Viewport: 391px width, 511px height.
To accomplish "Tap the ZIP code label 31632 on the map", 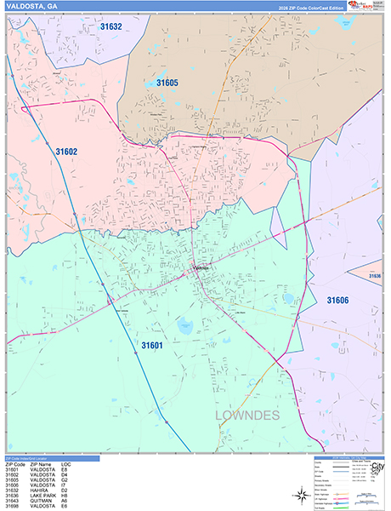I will point(110,27).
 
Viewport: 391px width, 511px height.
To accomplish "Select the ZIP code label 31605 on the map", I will point(167,83).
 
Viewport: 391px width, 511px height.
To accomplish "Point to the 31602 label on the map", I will point(66,151).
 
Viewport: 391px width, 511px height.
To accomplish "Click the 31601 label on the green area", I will point(151,345).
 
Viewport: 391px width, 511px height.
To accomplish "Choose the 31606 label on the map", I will point(338,300).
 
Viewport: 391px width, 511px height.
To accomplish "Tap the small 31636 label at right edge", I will point(375,276).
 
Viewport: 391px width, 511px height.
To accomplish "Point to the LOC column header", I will point(65,465).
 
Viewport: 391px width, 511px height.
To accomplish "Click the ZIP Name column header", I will point(39,465).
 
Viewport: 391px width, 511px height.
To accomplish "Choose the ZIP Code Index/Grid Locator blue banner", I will point(50,458).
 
